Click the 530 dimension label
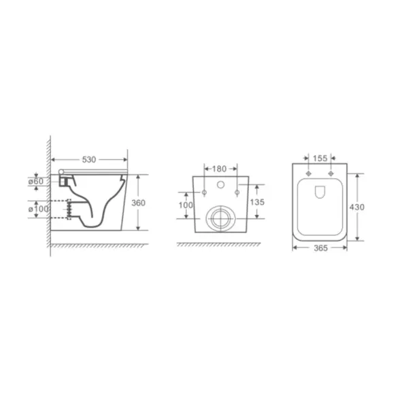[x=89, y=160]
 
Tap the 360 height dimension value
[x=138, y=203]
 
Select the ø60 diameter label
[x=36, y=181]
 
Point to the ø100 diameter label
[x=39, y=209]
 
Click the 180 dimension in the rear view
[x=220, y=169]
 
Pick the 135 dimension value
[x=257, y=202]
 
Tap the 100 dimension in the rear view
[x=186, y=205]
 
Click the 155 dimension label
[x=320, y=158]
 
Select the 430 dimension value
[x=357, y=207]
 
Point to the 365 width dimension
[x=320, y=248]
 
